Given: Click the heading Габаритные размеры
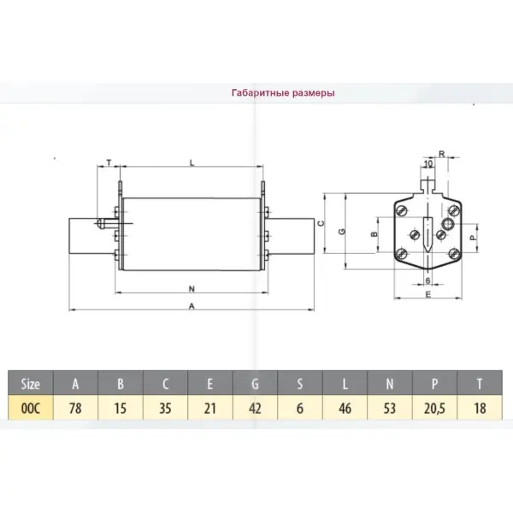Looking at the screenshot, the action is coord(283,93).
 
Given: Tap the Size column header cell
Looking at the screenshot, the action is coord(31,383).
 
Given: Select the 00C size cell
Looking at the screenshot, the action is coord(31,408).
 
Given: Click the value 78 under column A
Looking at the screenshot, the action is coord(75,408).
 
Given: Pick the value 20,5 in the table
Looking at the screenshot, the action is coord(434,409).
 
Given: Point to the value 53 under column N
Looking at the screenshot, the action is coord(390,408).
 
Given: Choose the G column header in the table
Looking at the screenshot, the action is coord(255,383).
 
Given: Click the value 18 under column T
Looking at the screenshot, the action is coord(480,408).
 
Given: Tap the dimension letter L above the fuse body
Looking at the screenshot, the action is coord(192,162).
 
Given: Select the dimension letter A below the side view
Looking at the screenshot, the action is coord(192,306).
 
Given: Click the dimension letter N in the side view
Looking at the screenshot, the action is coord(192,289).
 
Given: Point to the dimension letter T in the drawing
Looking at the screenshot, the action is coord(109,162).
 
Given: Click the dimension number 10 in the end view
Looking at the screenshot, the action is coord(428,163).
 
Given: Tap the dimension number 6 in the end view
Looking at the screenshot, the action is coord(427,280).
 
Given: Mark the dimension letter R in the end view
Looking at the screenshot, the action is coord(442,154).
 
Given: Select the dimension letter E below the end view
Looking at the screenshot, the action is coord(428,294).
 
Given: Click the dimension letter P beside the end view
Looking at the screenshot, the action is coord(473,238).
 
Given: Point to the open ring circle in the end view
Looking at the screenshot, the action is coord(447,224).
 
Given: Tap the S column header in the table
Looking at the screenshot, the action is coord(300,383).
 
